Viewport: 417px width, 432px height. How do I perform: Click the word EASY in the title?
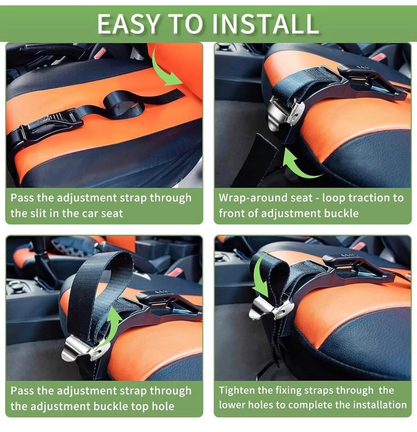pos(129,24)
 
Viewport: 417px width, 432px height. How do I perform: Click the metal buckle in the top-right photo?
pos(286,113)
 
